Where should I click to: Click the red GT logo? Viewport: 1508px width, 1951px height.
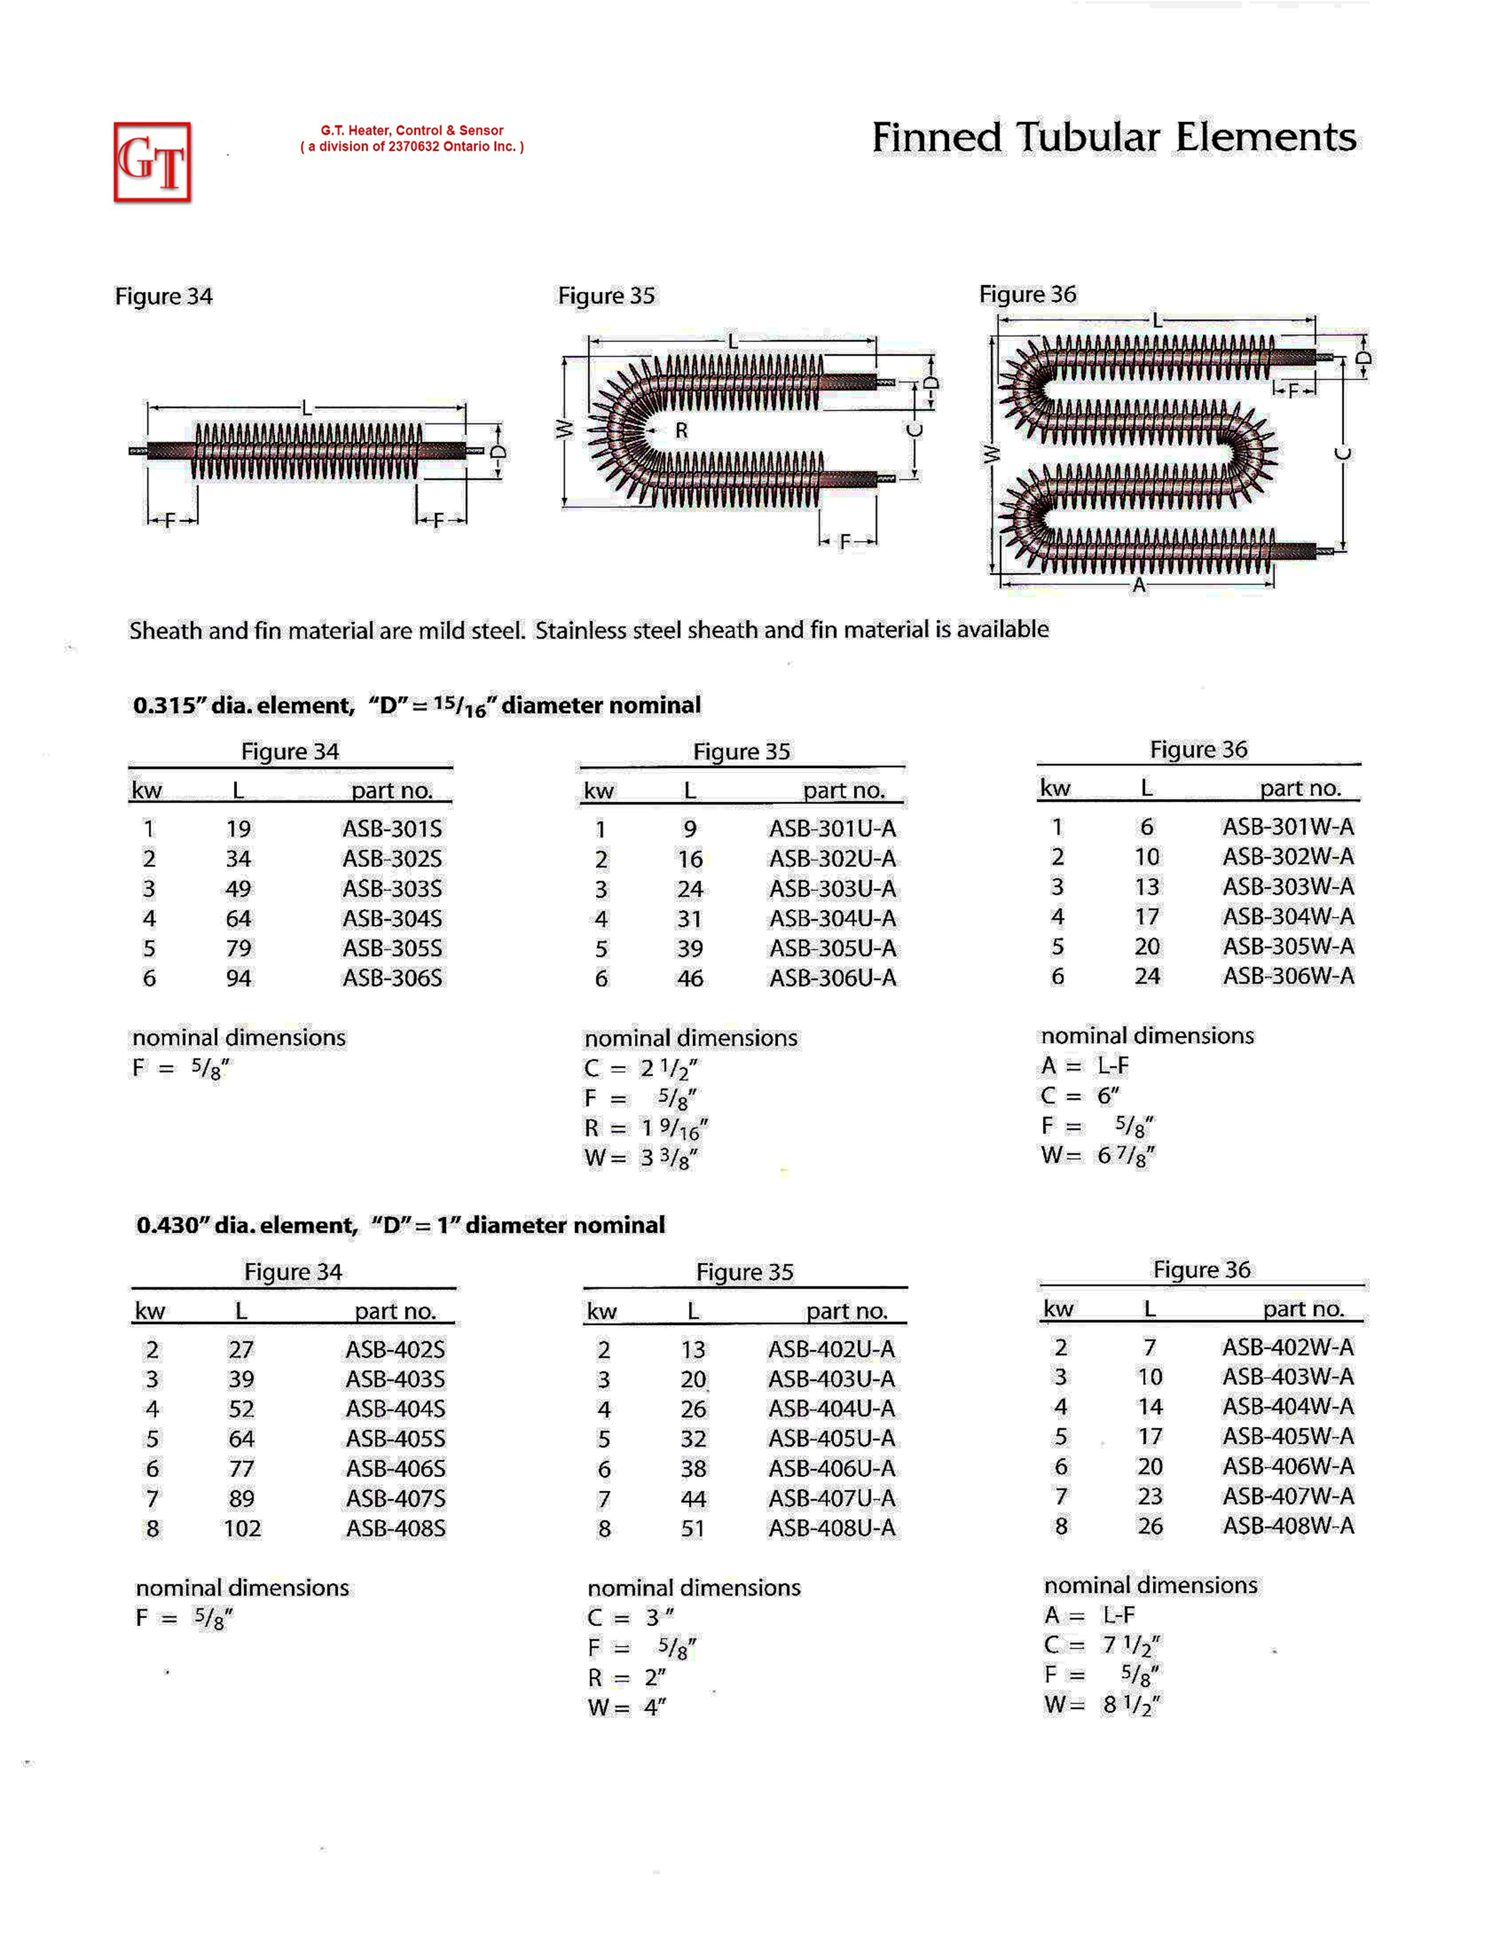point(152,161)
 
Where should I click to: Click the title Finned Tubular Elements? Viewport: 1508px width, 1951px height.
point(1113,138)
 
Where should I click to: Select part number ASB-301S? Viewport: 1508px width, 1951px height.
point(392,828)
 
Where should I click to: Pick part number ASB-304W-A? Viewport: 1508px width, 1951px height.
point(1288,916)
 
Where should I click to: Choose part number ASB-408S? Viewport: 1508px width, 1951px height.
point(396,1528)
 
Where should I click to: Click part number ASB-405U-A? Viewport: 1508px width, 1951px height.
point(831,1438)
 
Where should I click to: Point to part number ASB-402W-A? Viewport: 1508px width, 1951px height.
point(1288,1347)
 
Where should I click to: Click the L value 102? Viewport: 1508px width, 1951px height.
point(242,1528)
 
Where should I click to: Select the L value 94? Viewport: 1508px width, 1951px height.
point(238,978)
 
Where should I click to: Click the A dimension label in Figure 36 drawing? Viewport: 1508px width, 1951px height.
point(1138,586)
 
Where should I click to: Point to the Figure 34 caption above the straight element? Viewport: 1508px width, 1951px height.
point(163,297)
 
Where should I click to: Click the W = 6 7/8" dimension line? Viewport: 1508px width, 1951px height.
point(1098,1156)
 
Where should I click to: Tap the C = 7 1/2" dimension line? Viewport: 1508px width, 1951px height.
point(1102,1645)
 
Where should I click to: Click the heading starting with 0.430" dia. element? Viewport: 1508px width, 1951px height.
point(400,1225)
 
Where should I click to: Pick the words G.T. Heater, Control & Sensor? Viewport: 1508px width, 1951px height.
point(412,131)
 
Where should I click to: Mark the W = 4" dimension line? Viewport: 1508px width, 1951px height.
point(626,1707)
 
